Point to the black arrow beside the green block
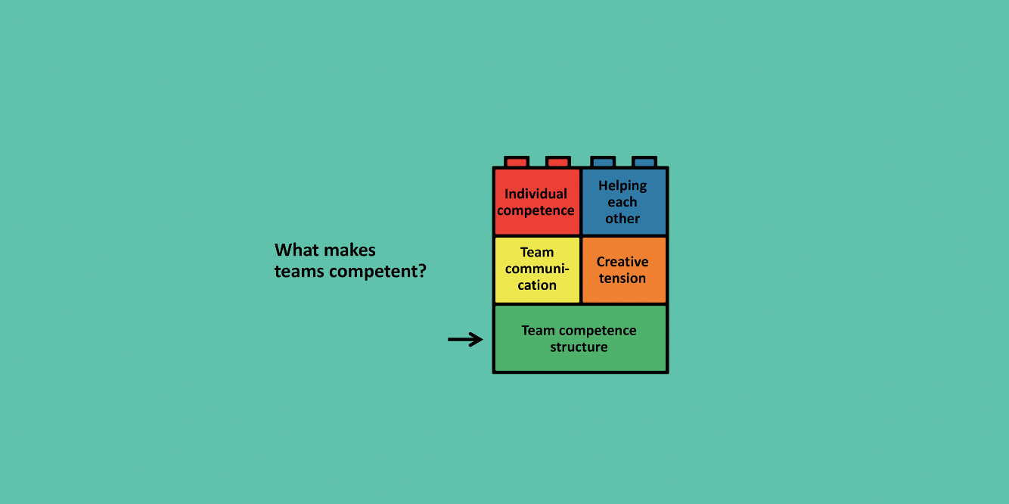[465, 340]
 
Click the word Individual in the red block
[536, 194]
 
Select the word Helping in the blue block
[622, 185]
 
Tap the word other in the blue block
[622, 219]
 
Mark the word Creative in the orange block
[622, 262]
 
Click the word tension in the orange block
[622, 278]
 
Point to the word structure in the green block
[579, 347]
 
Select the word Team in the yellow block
[537, 252]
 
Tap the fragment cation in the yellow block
[537, 285]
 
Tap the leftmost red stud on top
[517, 162]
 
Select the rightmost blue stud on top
[644, 162]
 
